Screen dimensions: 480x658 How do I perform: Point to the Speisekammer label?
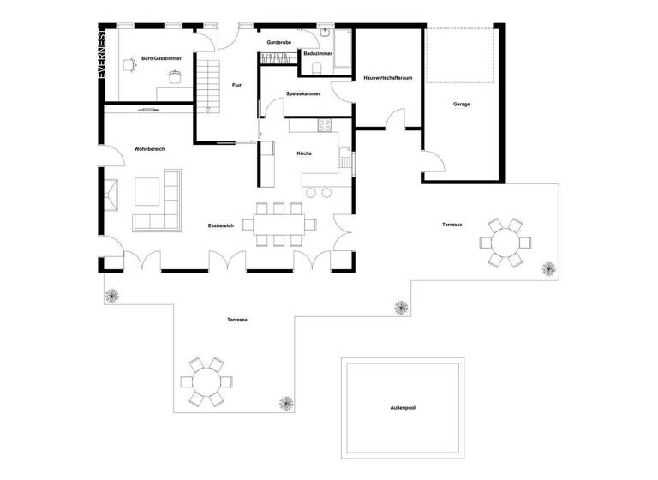303,94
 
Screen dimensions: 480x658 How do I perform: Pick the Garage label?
462,105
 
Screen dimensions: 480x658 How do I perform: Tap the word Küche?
304,153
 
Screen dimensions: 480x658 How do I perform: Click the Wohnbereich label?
149,149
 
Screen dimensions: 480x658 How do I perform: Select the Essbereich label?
221,225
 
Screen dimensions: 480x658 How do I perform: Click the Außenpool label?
402,408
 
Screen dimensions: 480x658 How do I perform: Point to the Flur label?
237,84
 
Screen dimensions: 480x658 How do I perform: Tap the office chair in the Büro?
175,76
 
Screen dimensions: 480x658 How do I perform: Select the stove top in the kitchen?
326,126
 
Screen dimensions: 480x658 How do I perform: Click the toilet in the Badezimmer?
318,69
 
